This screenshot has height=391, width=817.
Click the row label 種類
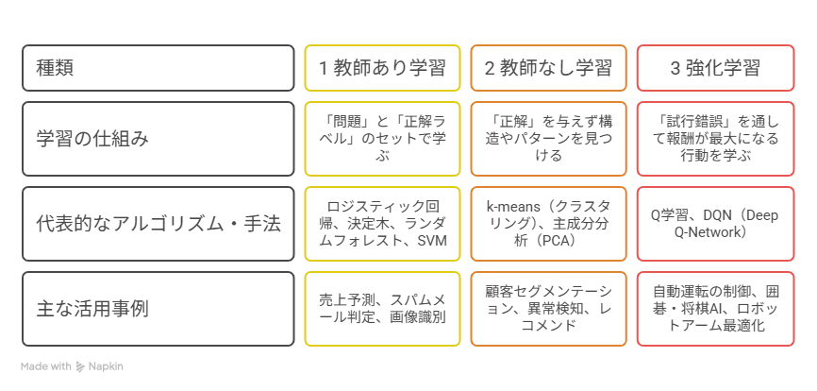click(55, 68)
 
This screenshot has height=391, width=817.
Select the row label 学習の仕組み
click(92, 139)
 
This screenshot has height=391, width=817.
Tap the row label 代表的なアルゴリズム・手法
click(158, 224)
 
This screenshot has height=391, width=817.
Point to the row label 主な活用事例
click(92, 309)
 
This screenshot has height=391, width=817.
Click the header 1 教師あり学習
click(382, 68)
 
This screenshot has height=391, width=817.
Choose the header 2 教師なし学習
click(549, 68)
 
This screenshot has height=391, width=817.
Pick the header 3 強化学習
click(715, 68)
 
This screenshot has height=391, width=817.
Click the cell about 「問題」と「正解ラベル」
click(382, 139)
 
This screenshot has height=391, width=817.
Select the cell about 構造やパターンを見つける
click(549, 139)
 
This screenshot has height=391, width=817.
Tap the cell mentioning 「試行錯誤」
click(715, 139)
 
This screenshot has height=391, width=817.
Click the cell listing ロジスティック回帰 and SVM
click(382, 224)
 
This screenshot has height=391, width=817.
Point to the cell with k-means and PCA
click(549, 224)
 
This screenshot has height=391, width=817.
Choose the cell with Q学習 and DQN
click(715, 224)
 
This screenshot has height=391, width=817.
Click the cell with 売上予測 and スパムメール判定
click(382, 309)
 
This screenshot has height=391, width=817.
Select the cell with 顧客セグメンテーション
click(549, 309)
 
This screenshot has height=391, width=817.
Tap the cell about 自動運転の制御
click(715, 309)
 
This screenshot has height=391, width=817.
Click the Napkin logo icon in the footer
click(80, 366)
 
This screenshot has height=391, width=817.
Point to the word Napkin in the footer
click(106, 366)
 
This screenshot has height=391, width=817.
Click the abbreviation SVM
click(432, 240)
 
